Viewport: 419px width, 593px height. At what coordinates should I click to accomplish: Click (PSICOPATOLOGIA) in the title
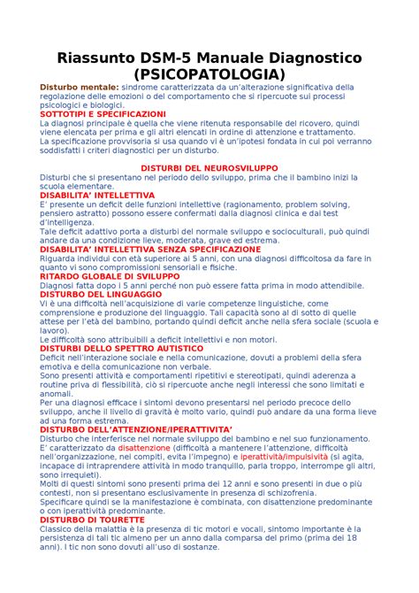point(209,74)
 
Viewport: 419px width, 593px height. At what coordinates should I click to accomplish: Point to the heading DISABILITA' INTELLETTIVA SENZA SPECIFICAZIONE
point(150,250)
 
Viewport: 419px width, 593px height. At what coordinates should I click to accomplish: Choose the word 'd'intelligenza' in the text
point(66,222)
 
